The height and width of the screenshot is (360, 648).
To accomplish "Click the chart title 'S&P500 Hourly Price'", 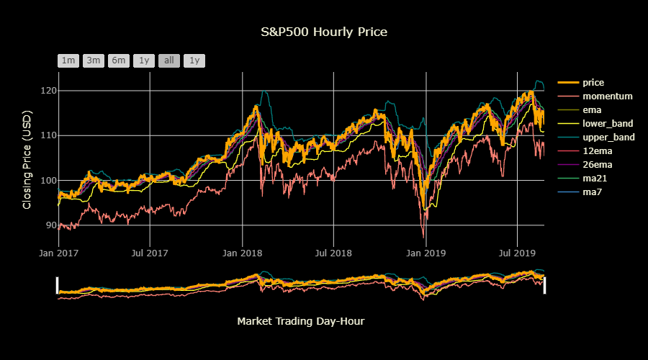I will click(323, 32).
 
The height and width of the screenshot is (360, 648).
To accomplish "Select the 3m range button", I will click(94, 60).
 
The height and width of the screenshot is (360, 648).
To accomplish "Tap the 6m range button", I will click(119, 60).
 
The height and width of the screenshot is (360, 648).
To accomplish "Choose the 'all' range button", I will click(169, 60).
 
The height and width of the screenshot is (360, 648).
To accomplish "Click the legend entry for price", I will click(593, 83).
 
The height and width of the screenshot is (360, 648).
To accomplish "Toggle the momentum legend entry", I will click(607, 96).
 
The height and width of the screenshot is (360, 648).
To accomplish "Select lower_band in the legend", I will click(608, 124).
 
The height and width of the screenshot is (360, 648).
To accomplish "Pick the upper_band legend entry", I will click(608, 138).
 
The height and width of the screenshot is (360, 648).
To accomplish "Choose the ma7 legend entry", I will click(593, 192).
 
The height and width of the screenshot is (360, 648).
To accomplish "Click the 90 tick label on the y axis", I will click(50, 225).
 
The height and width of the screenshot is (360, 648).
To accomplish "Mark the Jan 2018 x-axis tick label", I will click(242, 253).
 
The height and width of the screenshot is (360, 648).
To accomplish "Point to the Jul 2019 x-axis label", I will click(517, 253).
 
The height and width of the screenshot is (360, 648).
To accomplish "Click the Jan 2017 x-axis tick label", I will click(58, 253).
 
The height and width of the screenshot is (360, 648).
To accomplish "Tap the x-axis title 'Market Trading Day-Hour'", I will click(300, 321).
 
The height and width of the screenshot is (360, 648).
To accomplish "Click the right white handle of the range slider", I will click(544, 285).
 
